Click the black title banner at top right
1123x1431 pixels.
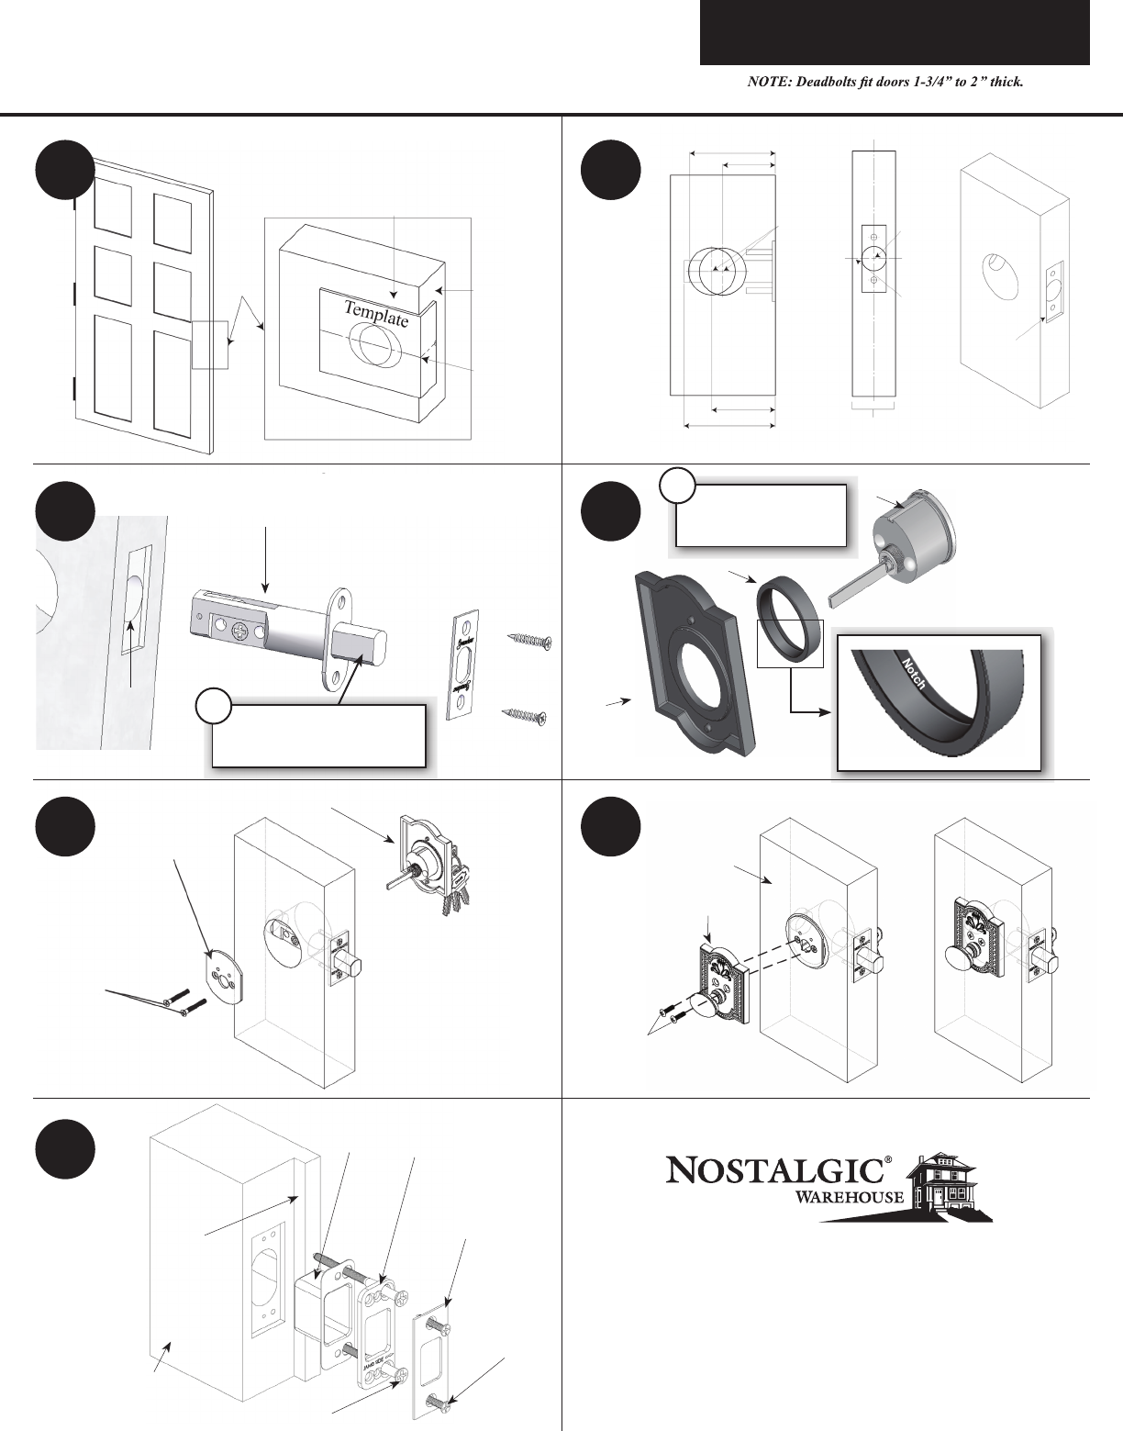(895, 33)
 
